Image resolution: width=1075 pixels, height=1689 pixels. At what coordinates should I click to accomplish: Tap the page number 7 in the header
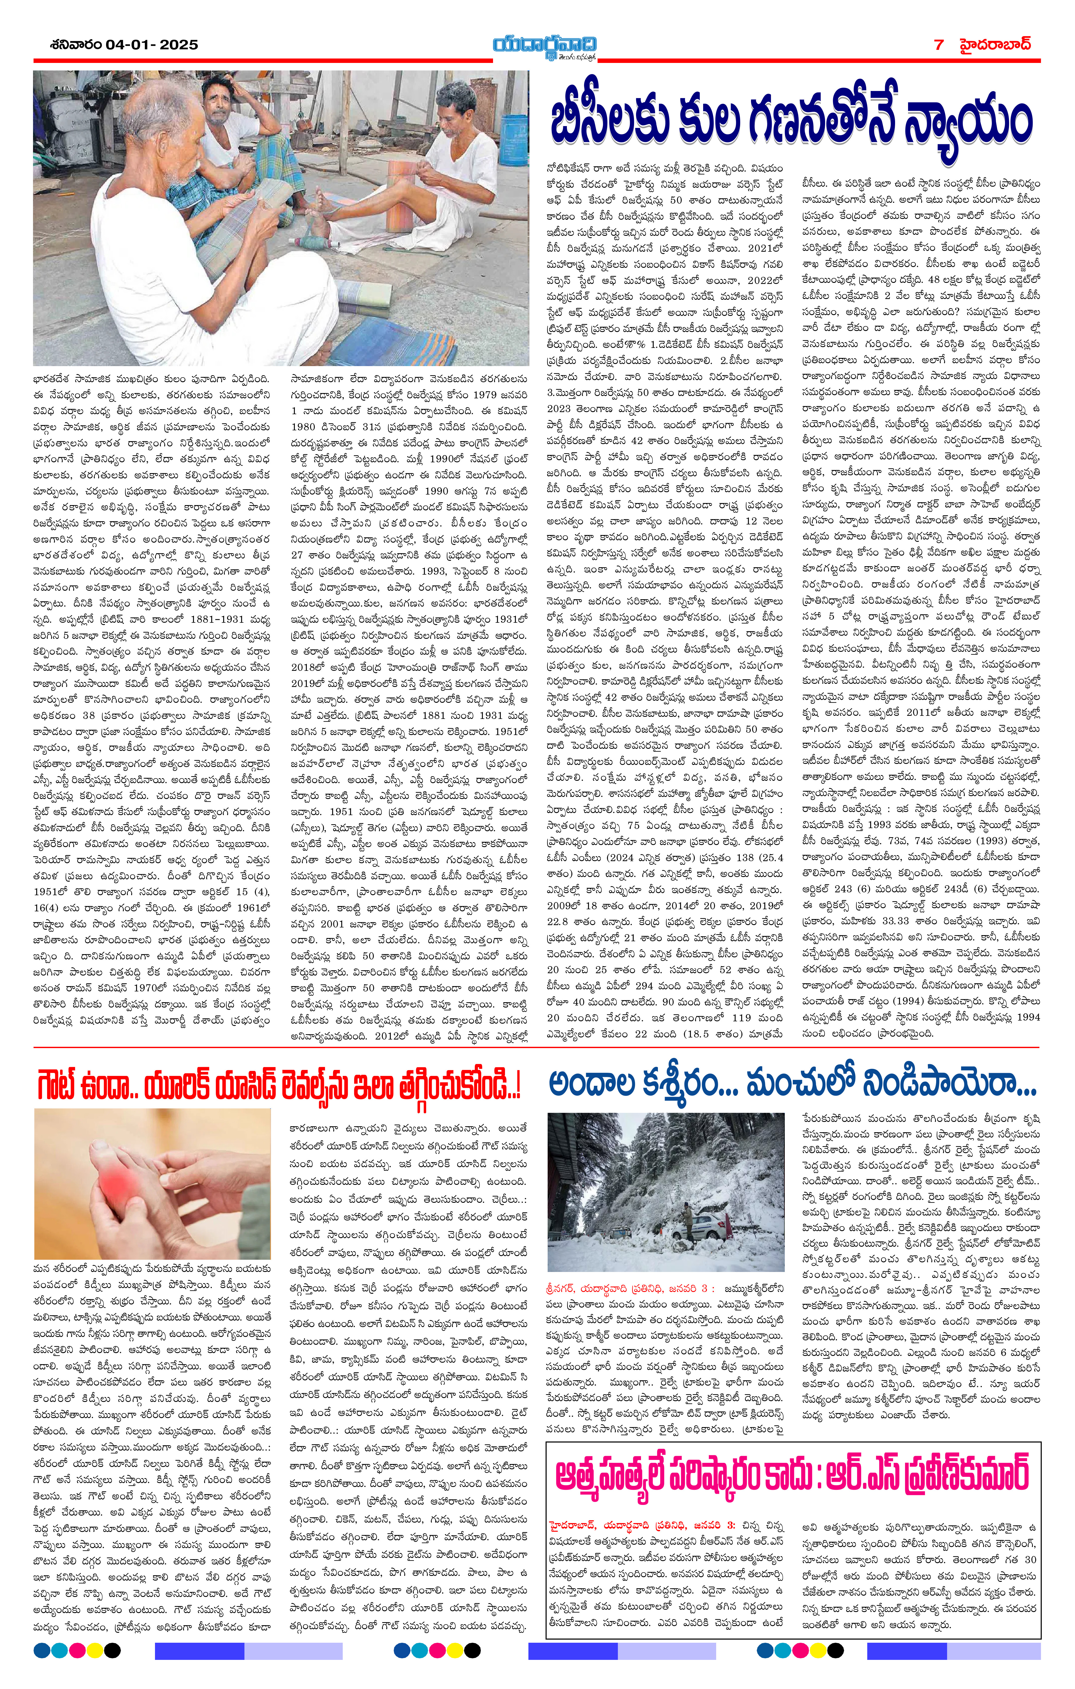(939, 44)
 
